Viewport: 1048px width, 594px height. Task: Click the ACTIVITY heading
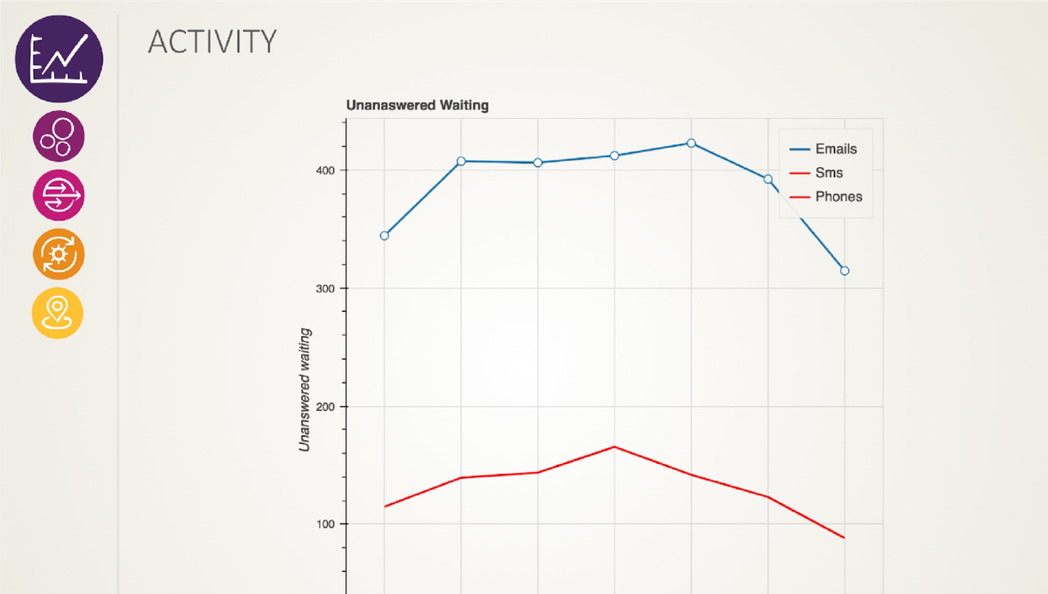point(212,41)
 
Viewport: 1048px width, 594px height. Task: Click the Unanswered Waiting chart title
point(417,105)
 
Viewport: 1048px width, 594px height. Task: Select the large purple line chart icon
point(59,59)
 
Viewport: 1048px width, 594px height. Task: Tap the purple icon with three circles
point(59,136)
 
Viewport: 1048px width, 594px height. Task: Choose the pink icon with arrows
point(59,195)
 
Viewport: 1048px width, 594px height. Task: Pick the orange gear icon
point(59,254)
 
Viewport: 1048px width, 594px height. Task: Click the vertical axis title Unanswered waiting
point(306,390)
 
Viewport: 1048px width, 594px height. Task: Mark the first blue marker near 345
point(384,236)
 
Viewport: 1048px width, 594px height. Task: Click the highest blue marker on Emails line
point(692,143)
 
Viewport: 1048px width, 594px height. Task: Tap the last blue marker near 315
point(845,271)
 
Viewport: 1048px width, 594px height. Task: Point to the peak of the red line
point(615,447)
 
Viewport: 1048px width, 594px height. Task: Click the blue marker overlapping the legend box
point(769,179)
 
